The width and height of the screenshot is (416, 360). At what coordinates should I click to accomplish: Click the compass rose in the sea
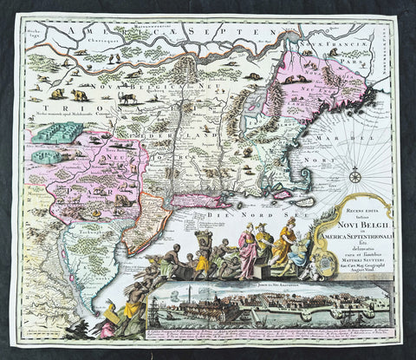point(355,178)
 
